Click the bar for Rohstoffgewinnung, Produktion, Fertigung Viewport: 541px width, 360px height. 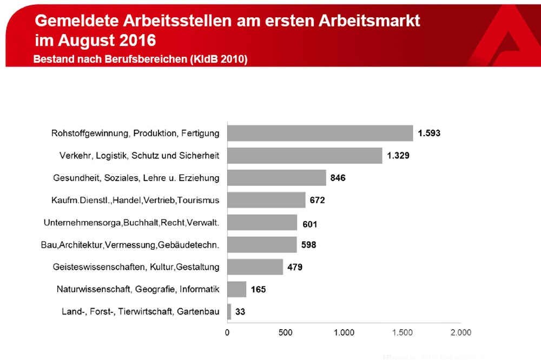click(319, 133)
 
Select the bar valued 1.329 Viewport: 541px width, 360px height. click(304, 156)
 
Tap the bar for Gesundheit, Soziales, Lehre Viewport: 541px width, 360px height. click(276, 178)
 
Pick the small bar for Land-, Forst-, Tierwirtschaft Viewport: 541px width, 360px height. click(229, 311)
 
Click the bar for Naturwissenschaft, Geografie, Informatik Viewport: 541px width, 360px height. click(236, 289)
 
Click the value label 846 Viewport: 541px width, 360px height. click(338, 178)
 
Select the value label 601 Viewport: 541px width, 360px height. click(309, 223)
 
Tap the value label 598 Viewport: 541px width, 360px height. click(308, 245)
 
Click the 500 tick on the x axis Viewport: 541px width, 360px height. click(286, 332)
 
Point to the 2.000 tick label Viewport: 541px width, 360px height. click(460, 332)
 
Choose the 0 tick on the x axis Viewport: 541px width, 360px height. click(227, 332)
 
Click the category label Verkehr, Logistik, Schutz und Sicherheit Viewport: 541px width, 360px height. click(138, 156)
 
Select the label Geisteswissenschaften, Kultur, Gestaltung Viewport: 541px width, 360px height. click(136, 267)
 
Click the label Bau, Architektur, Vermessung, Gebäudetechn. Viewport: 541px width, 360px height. click(130, 245)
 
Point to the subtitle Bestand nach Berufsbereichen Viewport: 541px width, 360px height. click(140, 59)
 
